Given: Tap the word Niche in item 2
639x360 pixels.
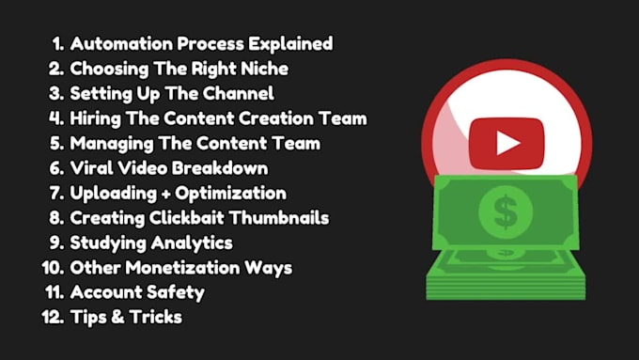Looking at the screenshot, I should tap(263, 69).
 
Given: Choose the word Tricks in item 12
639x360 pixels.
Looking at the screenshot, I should tap(154, 317).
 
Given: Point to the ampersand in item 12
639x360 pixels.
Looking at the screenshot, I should tap(115, 318).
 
